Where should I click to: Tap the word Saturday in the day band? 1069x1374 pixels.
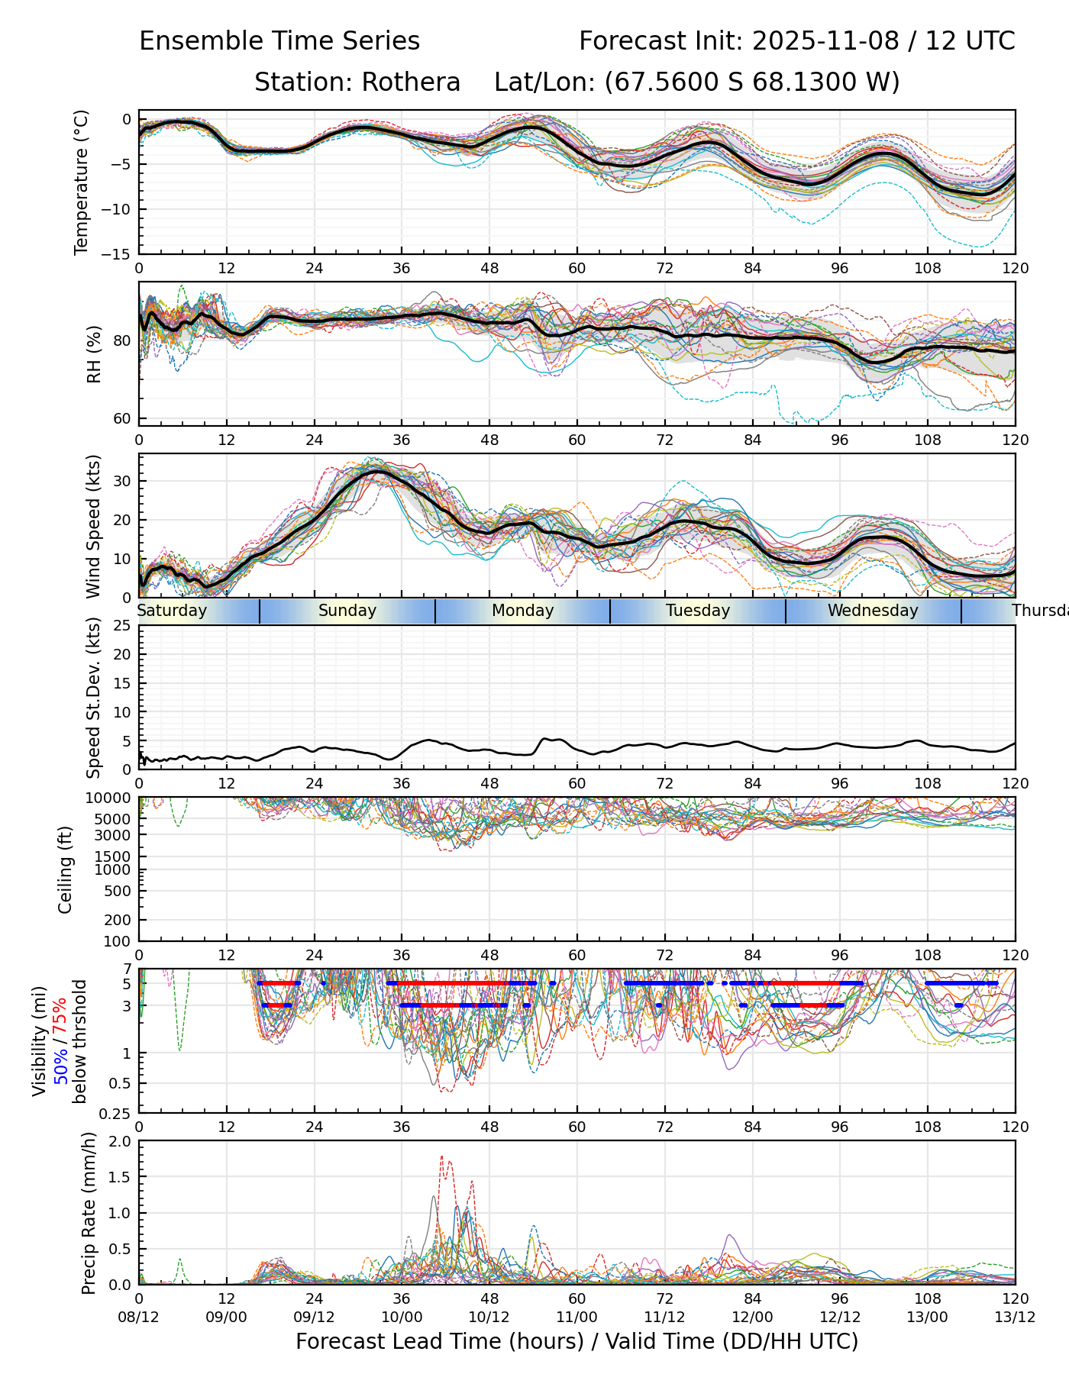coord(172,611)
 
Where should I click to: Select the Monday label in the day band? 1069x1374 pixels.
coord(522,611)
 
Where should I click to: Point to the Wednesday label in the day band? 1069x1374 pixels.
coord(873,611)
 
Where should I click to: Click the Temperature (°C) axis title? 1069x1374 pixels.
coord(82,182)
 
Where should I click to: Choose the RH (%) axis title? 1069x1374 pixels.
coord(95,354)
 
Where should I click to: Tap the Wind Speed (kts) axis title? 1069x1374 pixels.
coord(93,526)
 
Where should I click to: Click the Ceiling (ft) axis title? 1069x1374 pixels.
coord(66,869)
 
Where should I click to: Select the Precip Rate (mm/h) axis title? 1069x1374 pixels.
coord(89,1213)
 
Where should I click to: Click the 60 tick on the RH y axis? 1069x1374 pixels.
coord(122,418)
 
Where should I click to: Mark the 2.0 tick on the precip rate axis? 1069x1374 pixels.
coord(120,1142)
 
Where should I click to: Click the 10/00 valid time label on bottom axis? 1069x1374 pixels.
coord(402,1318)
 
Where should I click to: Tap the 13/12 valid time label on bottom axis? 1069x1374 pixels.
coord(1015,1318)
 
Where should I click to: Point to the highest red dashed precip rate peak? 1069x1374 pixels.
coord(442,1157)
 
